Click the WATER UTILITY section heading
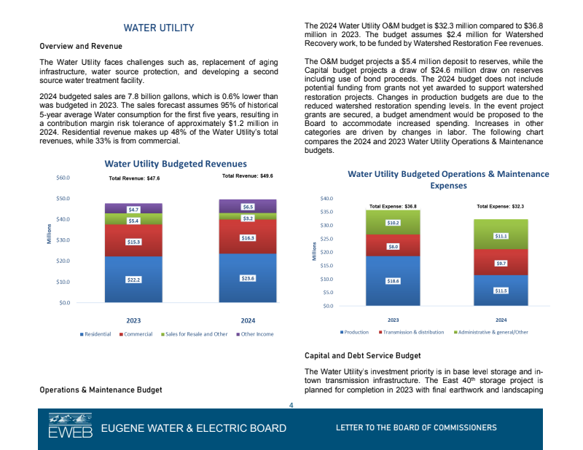158,28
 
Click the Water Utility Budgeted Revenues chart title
176,164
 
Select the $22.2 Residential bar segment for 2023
133,280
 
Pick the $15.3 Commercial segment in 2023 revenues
133,241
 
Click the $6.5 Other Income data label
248,207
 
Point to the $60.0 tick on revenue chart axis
63,178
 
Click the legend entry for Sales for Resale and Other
196,334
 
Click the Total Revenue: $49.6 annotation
247,176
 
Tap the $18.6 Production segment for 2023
393,280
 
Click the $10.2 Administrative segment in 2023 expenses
393,222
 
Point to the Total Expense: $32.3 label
501,206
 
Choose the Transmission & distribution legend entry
412,332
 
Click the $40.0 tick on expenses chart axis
327,199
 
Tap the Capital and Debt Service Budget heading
361,356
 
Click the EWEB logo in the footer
70,427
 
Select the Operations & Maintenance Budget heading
101,390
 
